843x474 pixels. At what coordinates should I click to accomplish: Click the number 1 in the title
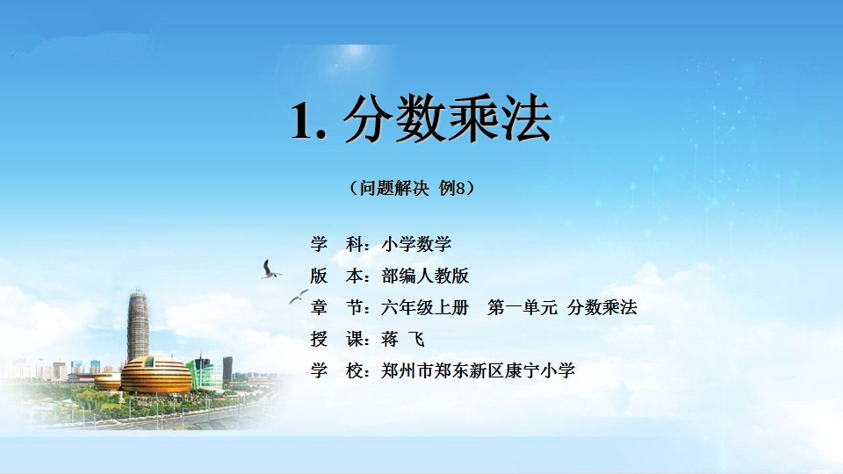point(302,121)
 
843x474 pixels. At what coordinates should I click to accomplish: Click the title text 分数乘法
point(447,118)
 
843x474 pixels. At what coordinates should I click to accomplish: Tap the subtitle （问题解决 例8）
point(412,188)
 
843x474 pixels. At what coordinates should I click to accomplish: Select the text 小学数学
point(416,244)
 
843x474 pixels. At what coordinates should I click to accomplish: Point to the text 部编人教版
point(425,276)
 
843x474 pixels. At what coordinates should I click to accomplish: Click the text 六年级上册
point(425,307)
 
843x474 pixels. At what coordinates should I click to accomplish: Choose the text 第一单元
point(522,307)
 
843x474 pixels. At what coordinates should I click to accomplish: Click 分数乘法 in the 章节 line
point(602,307)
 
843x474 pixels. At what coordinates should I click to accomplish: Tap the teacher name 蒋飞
point(403,339)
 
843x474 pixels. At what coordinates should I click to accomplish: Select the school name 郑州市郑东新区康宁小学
point(478,370)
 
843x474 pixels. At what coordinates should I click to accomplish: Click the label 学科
point(336,244)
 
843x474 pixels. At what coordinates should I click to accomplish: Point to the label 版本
point(336,276)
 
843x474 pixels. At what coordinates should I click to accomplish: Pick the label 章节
point(336,307)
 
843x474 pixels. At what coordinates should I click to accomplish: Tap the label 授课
point(336,339)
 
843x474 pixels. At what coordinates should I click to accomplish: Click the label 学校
point(336,370)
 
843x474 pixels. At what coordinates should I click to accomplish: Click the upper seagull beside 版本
point(270,269)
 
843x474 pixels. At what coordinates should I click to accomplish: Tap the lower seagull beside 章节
point(299,296)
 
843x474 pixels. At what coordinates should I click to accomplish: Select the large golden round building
point(156,375)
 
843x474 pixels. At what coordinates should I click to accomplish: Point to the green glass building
point(205,372)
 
